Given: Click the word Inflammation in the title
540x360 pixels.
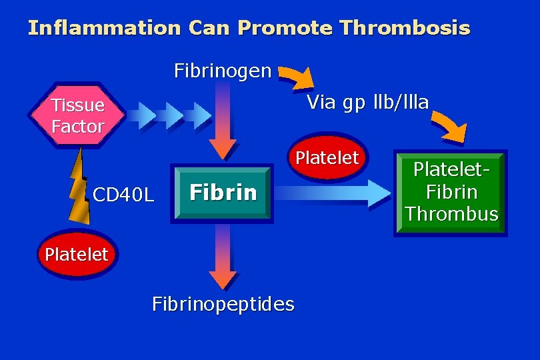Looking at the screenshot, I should [104, 29].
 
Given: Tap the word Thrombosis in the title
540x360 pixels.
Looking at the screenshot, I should [404, 29].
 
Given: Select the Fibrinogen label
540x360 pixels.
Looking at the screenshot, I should [223, 70].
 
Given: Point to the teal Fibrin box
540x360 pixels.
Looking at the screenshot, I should [223, 192].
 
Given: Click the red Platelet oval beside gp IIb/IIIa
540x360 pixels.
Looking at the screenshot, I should [327, 158].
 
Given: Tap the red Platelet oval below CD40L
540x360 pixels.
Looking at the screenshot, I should [76, 254].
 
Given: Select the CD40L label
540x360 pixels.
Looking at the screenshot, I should [124, 195].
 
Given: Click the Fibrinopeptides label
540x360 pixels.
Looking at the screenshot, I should [223, 304].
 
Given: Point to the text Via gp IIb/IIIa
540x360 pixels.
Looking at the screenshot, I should [367, 101].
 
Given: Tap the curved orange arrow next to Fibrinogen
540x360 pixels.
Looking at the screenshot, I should [297, 77].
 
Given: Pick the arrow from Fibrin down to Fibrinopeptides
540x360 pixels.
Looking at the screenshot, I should [223, 257].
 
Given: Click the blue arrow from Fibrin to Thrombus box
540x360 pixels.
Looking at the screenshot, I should [333, 193].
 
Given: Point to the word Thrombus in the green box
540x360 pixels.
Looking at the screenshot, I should [451, 214].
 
